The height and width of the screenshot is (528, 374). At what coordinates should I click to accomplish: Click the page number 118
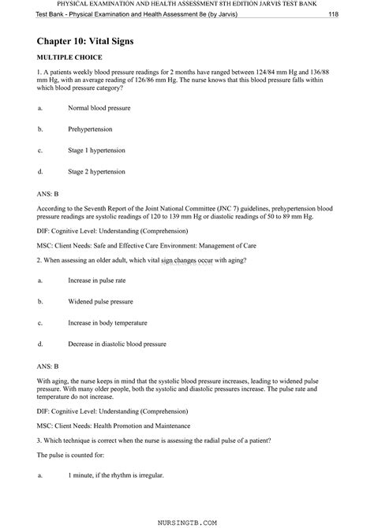(x=356, y=15)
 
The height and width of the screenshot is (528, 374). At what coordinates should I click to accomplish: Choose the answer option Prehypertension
(x=90, y=128)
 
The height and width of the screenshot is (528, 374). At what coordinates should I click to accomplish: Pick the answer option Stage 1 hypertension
(x=97, y=150)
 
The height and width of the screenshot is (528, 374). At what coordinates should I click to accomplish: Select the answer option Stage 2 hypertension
(x=97, y=171)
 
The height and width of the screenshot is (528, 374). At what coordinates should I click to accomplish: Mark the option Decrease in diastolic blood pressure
(x=117, y=344)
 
